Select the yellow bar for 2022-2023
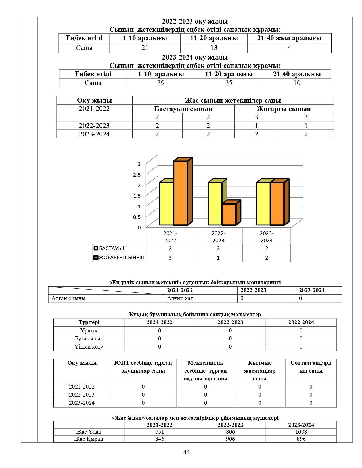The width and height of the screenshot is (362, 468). [215, 203]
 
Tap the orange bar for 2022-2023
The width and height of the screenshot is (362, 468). [229, 214]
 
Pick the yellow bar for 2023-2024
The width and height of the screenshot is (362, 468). [263, 203]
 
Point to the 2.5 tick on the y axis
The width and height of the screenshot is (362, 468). [137, 175]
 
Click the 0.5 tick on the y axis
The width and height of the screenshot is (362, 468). [137, 217]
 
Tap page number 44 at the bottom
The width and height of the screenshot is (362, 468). [187, 452]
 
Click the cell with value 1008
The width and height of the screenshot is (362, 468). [301, 432]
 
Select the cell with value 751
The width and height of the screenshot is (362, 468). [160, 432]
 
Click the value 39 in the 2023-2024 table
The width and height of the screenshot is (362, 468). [161, 83]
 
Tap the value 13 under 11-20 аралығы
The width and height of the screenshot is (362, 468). [214, 48]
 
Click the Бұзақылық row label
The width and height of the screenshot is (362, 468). [89, 339]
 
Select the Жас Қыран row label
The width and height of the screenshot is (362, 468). [89, 439]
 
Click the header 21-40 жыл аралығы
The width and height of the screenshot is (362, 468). [289, 38]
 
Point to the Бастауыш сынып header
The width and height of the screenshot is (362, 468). [183, 109]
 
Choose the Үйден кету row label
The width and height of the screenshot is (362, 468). [89, 347]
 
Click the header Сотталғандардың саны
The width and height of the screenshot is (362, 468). [311, 367]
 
